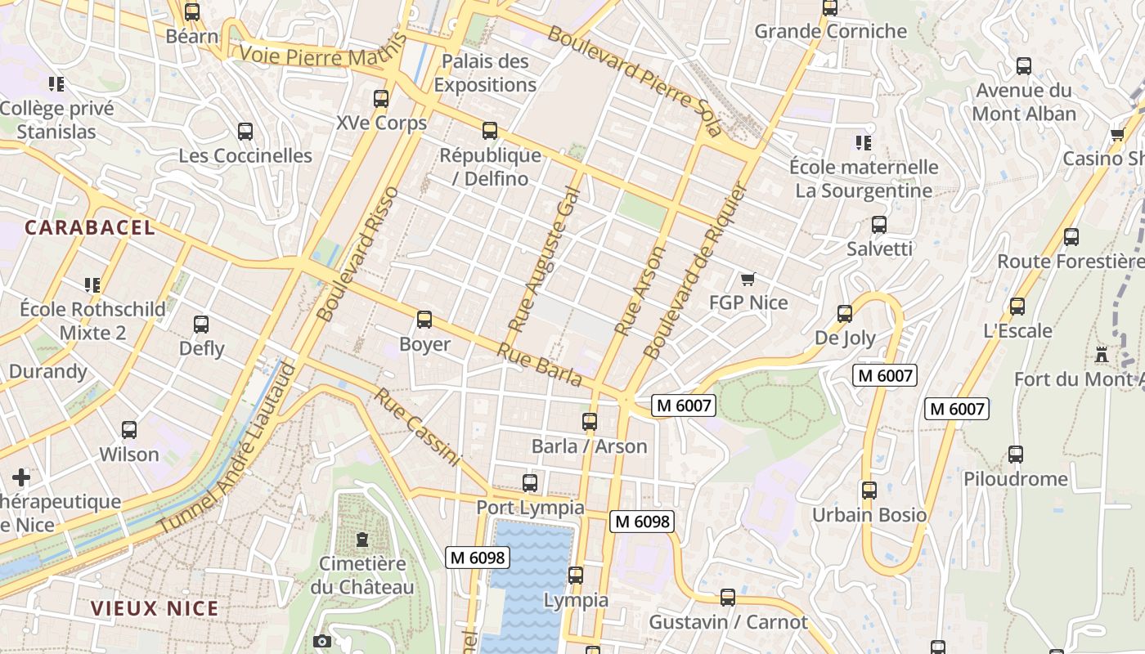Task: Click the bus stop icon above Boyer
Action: point(424,320)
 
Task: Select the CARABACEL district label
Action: point(90,228)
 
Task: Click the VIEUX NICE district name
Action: point(155,608)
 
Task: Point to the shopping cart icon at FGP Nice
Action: point(748,280)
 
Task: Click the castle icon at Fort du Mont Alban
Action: point(1102,355)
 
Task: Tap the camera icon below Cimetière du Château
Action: point(321,642)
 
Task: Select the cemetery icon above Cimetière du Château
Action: point(361,540)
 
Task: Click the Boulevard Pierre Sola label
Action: point(635,80)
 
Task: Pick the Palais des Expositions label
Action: point(485,73)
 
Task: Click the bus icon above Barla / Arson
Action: point(589,422)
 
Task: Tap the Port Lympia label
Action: point(530,508)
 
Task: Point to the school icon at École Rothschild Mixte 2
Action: point(92,285)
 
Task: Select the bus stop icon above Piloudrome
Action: point(1015,455)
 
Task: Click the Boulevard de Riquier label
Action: point(696,271)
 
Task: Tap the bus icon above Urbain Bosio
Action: point(869,490)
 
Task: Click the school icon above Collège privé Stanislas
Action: point(56,84)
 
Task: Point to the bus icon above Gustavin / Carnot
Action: point(727,598)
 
